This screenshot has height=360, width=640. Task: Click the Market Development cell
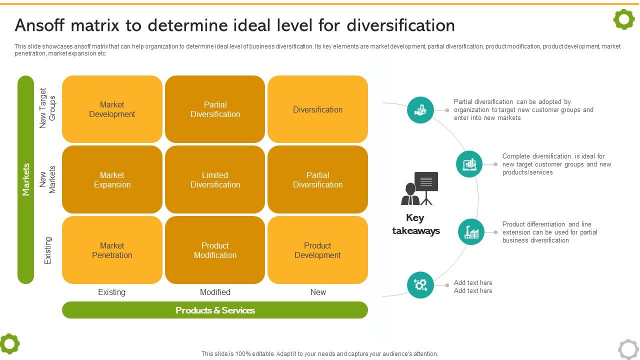112,109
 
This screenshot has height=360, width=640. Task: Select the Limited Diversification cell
215,180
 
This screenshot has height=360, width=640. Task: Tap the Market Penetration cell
112,250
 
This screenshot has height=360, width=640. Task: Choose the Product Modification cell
215,250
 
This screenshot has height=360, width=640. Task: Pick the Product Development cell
317,250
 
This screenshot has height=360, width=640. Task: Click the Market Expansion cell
112,180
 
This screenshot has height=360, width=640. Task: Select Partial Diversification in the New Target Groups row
215,109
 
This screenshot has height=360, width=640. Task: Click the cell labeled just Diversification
317,109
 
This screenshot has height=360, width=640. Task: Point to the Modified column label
215,292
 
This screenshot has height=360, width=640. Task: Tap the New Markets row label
47,180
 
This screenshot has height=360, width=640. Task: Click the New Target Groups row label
47,108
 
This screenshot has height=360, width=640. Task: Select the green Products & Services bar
215,310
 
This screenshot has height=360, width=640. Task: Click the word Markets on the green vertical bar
26,179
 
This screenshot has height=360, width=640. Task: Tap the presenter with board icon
419,188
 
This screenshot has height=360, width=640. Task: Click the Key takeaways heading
416,224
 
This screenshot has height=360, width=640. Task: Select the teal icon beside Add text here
420,285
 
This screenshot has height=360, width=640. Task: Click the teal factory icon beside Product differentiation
471,232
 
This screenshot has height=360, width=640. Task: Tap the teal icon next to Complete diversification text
469,164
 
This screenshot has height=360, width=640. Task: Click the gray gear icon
628,349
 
